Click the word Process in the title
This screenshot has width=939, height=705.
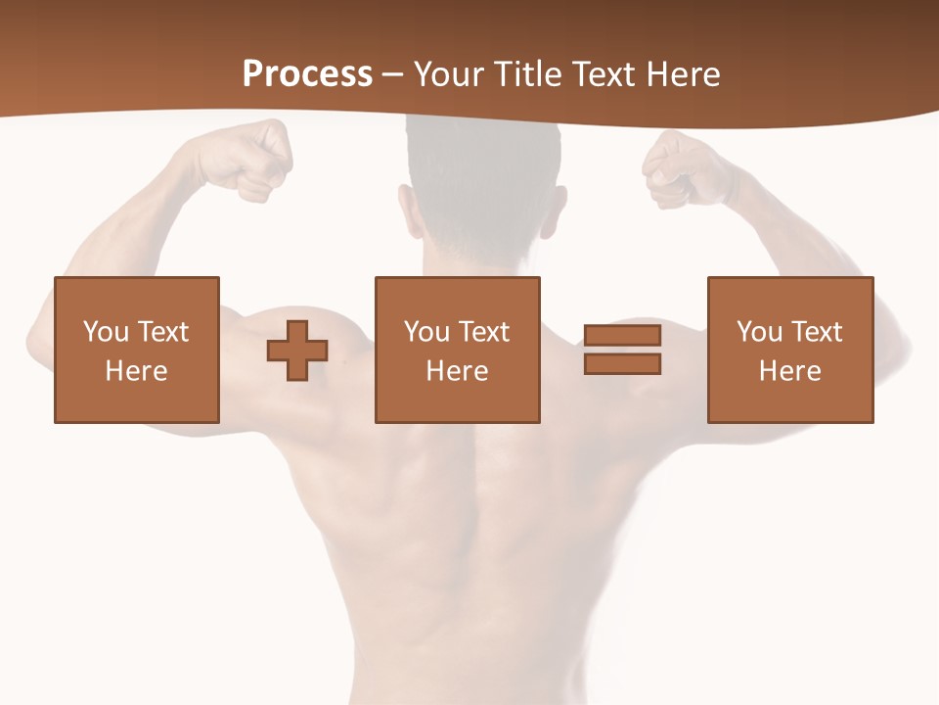(307, 74)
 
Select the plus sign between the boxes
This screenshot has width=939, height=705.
(297, 350)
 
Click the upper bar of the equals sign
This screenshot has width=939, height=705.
(622, 336)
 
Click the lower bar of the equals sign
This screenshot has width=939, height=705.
(622, 363)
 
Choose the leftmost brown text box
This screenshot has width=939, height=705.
(136, 350)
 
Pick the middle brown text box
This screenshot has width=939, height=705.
(457, 350)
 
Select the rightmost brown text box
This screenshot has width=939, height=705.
(789, 350)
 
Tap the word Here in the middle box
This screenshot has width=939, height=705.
(457, 371)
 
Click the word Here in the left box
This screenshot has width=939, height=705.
(136, 371)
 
